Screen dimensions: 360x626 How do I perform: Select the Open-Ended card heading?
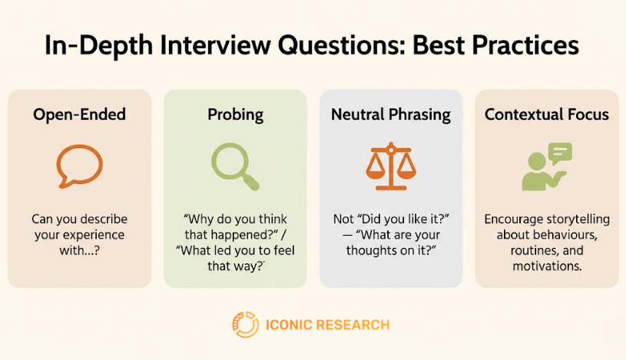point(79,115)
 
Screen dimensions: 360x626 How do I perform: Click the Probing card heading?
point(235,115)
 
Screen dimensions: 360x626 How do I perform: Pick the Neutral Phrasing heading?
point(390,115)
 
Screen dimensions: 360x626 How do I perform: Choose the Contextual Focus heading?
point(546,115)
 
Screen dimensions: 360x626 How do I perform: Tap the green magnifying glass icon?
point(234,167)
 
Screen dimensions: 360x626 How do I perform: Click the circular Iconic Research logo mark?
point(245,325)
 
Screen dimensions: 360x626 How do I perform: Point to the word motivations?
point(546,266)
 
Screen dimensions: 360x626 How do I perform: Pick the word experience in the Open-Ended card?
point(95,235)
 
